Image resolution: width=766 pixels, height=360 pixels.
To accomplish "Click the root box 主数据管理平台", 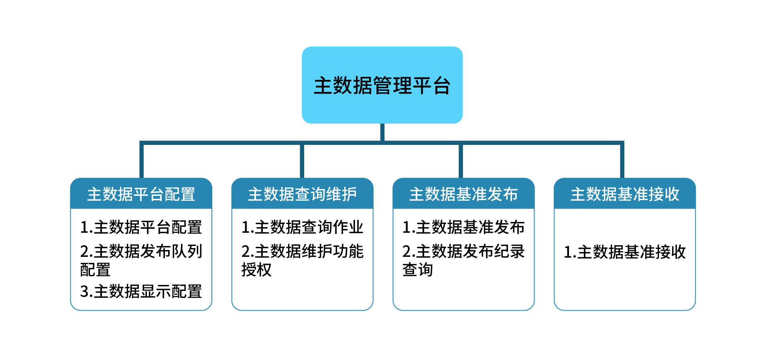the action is coord(382,85).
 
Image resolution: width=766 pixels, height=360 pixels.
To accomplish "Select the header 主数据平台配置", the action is coord(141,194).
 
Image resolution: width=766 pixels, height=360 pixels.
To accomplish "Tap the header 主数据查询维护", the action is coord(303,194).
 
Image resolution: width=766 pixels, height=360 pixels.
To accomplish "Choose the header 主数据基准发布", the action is coord(463,194).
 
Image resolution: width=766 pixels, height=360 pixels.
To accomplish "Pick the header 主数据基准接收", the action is coord(625,194).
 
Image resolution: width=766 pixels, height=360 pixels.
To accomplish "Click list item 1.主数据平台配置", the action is coord(141,227).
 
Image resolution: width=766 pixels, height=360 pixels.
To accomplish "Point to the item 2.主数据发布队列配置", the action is coord(141,260).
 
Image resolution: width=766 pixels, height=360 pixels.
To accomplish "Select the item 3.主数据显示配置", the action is coord(141,291).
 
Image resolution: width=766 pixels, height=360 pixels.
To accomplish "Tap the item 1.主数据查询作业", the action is coord(302,227).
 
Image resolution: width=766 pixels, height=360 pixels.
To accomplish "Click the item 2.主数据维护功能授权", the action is coord(302,260).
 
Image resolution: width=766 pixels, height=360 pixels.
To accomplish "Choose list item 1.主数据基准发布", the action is coord(463,227).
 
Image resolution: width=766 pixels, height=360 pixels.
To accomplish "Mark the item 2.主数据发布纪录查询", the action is coord(463,260).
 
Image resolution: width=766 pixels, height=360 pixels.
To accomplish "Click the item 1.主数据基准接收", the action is coord(625,252).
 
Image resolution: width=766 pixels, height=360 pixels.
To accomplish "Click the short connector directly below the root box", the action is coord(382,132).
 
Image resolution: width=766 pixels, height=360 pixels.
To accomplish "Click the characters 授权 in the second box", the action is coord(256,270).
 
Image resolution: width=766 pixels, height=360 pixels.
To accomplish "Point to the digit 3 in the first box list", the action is coord(84,292).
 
